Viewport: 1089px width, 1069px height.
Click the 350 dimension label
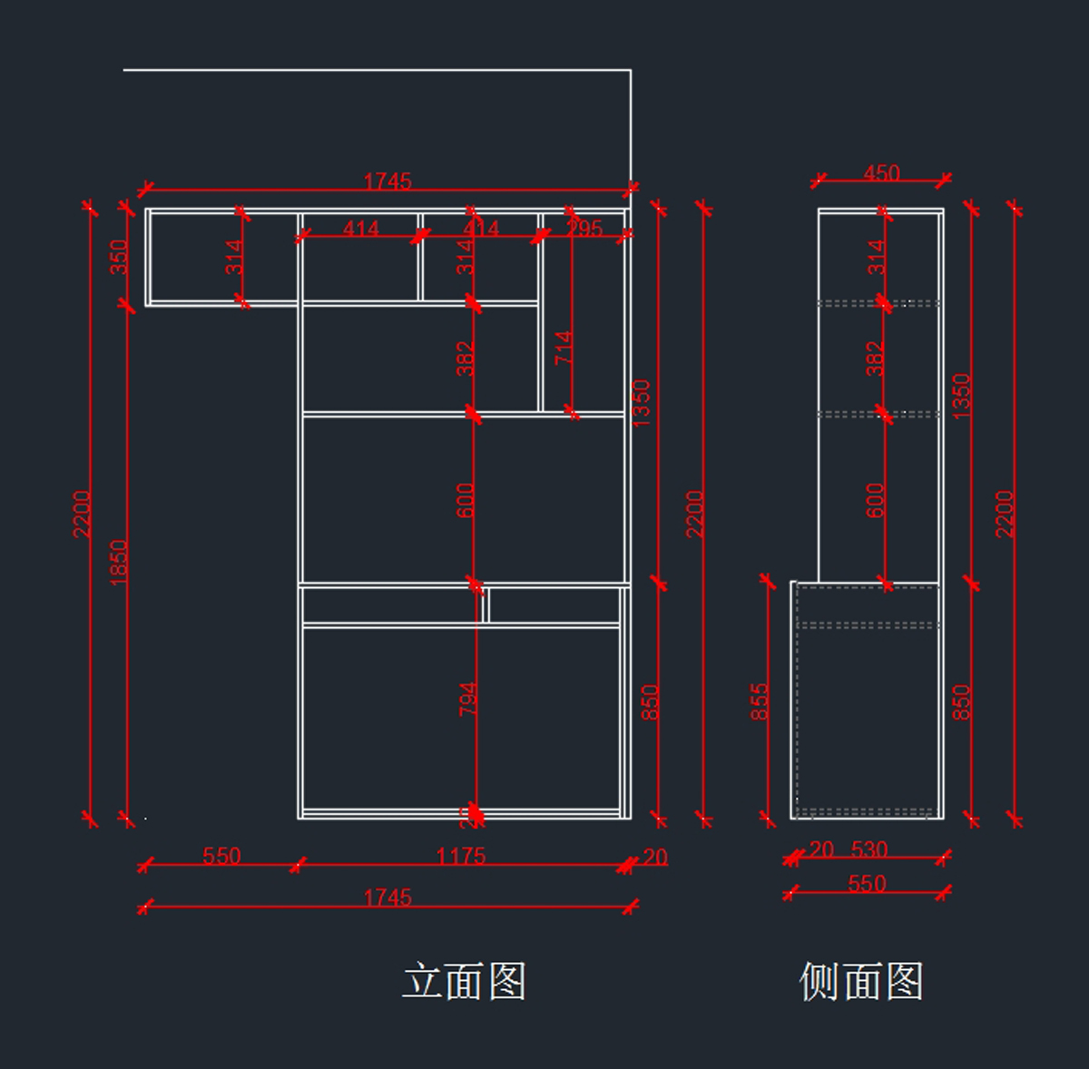click(119, 257)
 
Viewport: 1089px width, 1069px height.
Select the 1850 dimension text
click(119, 563)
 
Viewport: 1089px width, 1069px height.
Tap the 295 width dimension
click(584, 229)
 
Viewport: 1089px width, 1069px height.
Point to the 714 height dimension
click(564, 348)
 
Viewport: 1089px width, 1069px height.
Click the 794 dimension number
click(467, 699)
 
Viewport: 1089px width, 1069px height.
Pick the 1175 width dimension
click(460, 856)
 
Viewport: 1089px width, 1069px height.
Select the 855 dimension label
click(760, 701)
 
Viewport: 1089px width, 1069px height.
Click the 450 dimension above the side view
click(881, 172)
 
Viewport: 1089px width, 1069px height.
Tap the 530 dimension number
click(869, 849)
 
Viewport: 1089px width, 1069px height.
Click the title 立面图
click(464, 981)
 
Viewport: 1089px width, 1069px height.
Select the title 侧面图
click(860, 981)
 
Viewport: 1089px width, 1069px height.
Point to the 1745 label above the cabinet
click(388, 181)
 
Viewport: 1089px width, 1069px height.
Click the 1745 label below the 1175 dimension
click(388, 897)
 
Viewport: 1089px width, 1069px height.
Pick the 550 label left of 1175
click(221, 856)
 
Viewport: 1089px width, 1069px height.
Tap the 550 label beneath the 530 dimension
click(867, 884)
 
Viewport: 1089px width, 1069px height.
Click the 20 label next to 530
click(821, 849)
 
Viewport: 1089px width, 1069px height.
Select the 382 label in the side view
click(875, 358)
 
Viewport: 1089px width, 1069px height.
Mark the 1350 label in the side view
click(962, 397)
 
